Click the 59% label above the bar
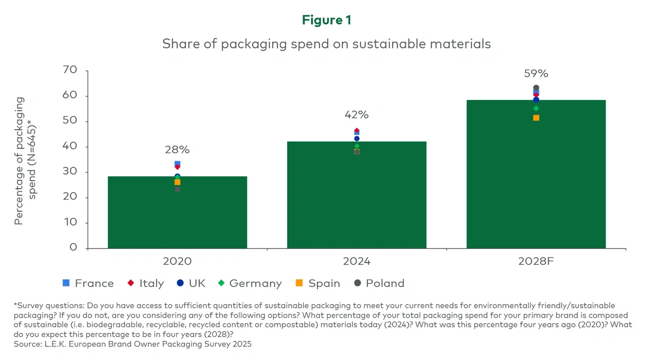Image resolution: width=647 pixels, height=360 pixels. click(x=536, y=74)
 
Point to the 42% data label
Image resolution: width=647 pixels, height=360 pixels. click(x=356, y=115)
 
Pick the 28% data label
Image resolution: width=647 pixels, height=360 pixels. click(x=177, y=150)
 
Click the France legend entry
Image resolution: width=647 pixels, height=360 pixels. click(x=88, y=283)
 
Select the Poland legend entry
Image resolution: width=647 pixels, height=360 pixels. click(x=379, y=283)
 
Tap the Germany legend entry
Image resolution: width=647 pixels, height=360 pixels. click(x=249, y=283)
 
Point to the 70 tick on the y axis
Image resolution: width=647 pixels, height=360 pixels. click(x=70, y=70)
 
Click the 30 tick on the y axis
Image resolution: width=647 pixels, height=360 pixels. click(x=70, y=172)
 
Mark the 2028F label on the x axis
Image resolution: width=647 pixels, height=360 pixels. click(x=536, y=261)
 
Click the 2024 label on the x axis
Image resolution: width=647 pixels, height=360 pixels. click(x=356, y=261)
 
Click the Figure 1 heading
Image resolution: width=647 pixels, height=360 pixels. click(x=326, y=20)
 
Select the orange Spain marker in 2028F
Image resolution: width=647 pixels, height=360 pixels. click(x=536, y=118)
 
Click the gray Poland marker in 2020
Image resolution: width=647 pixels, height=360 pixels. click(x=177, y=189)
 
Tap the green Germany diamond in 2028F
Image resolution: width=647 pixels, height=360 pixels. click(x=536, y=108)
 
